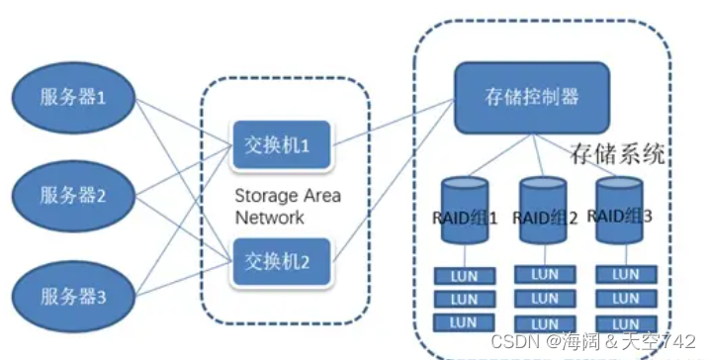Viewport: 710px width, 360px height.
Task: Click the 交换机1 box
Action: [278, 145]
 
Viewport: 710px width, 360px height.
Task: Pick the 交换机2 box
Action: [278, 262]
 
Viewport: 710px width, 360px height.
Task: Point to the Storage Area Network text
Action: [287, 206]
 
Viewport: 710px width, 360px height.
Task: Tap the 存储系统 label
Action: [617, 155]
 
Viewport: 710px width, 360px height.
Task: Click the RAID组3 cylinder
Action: [620, 213]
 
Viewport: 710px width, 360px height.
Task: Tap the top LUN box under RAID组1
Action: [464, 276]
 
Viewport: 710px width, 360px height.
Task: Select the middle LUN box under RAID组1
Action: [464, 299]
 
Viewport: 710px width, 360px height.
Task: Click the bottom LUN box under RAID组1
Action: [464, 322]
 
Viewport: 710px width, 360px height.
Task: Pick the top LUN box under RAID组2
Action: [544, 274]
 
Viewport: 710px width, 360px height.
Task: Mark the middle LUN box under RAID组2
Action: [544, 298]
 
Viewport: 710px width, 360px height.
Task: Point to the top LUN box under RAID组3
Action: [625, 274]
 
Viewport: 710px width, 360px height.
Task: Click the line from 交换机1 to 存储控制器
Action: [391, 121]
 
